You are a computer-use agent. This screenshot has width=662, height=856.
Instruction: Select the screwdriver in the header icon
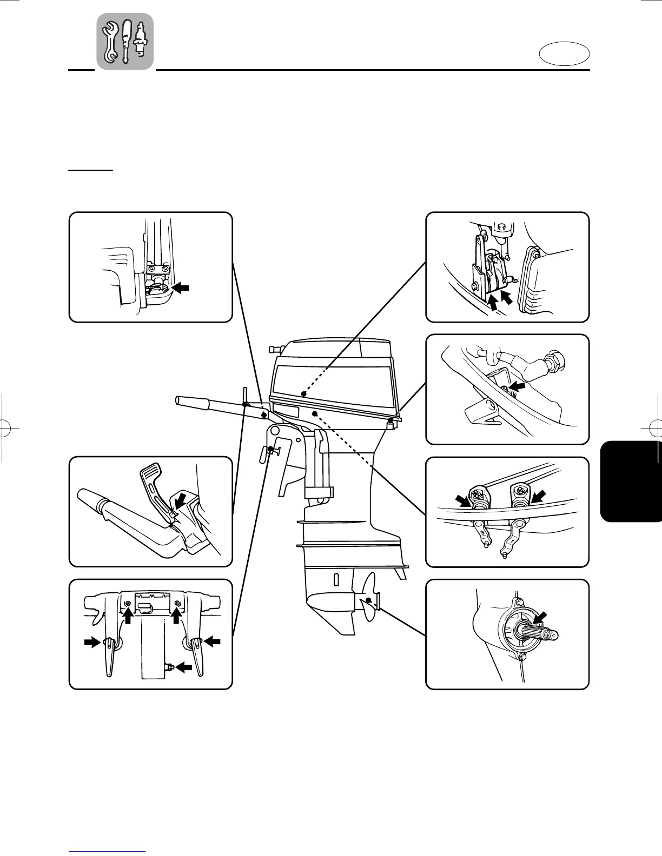[x=126, y=41]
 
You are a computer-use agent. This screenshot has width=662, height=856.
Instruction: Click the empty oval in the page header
[x=564, y=55]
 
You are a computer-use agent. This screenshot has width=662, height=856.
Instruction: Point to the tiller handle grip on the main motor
[x=192, y=403]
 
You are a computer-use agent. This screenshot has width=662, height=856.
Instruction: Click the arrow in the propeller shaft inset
[x=540, y=618]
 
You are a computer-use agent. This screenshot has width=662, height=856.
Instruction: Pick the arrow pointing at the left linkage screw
[x=463, y=500]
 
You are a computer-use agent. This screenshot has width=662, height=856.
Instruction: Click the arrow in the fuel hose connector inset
[x=519, y=386]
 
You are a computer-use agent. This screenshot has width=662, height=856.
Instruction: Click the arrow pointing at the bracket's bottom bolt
[x=184, y=667]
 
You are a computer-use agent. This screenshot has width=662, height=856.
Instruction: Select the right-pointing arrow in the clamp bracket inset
[x=92, y=642]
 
